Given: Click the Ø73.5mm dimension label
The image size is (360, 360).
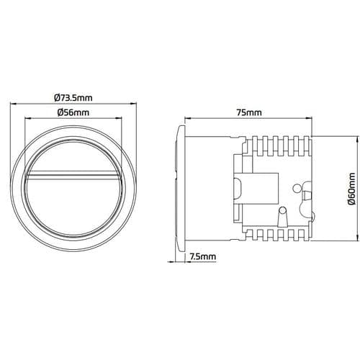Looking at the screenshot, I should pos(73,98).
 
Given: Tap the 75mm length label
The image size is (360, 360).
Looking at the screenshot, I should pos(250,113).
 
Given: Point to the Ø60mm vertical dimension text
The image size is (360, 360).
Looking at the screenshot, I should pos(351,189).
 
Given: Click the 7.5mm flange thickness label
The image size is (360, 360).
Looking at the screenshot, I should pos(203,256).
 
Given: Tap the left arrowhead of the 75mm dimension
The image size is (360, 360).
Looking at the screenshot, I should pos(186,120).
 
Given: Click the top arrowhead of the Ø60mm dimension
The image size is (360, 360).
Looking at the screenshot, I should pos(339,136).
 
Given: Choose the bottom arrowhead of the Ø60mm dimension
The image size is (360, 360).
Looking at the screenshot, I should pos(339,242).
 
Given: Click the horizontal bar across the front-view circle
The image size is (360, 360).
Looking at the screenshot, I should pos(73,175).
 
